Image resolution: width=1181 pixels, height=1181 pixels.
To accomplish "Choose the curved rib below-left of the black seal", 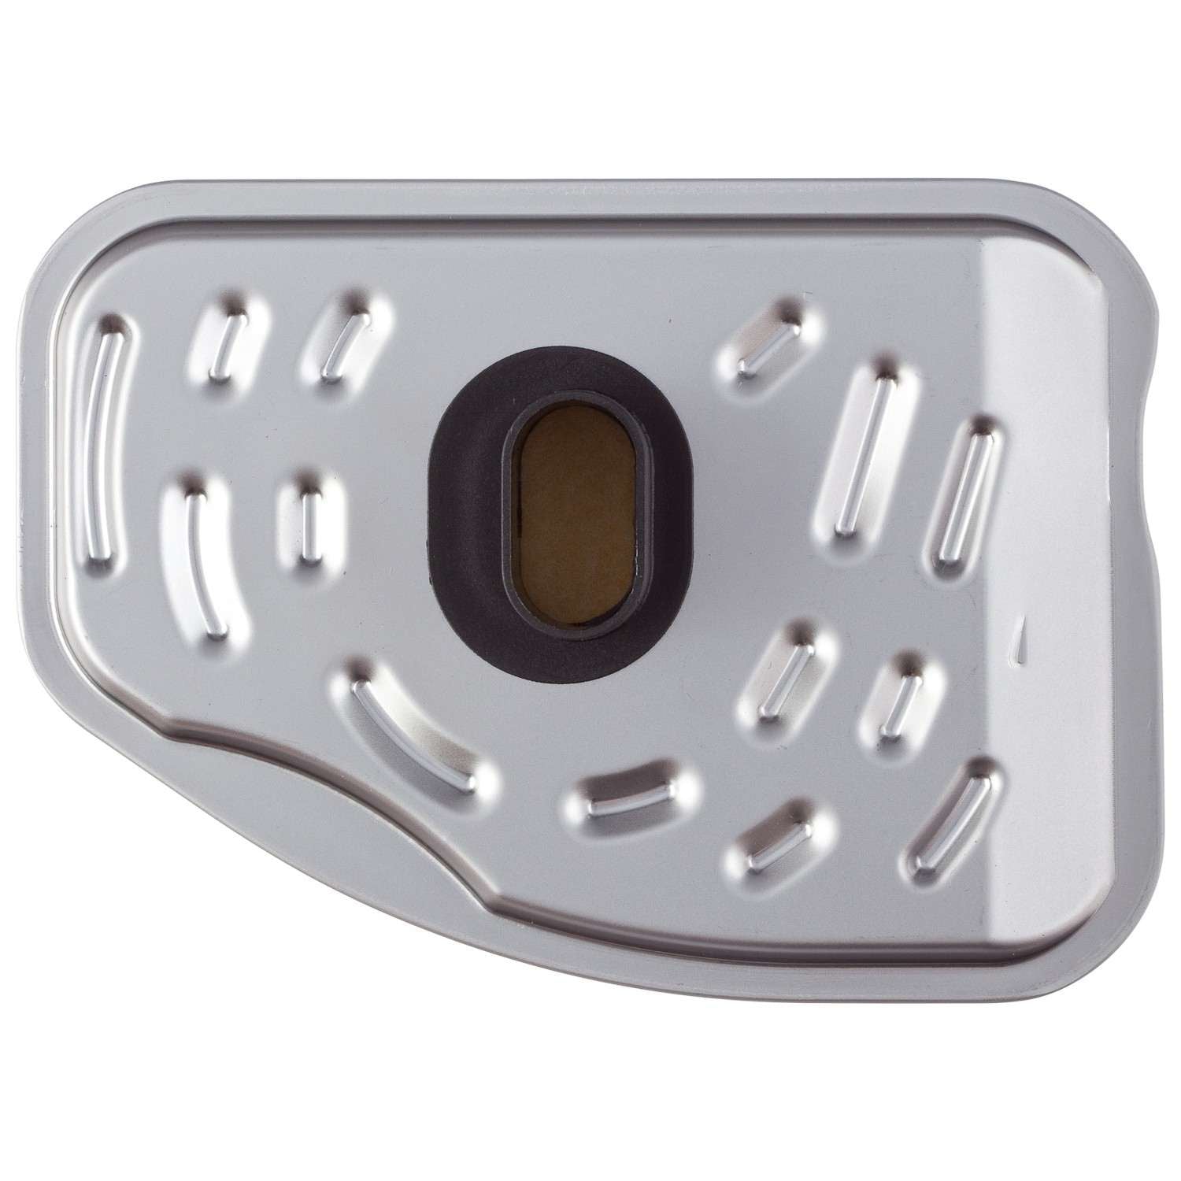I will tap(413, 729).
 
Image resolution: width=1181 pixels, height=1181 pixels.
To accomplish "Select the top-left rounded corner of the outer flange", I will tap(94, 228).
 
